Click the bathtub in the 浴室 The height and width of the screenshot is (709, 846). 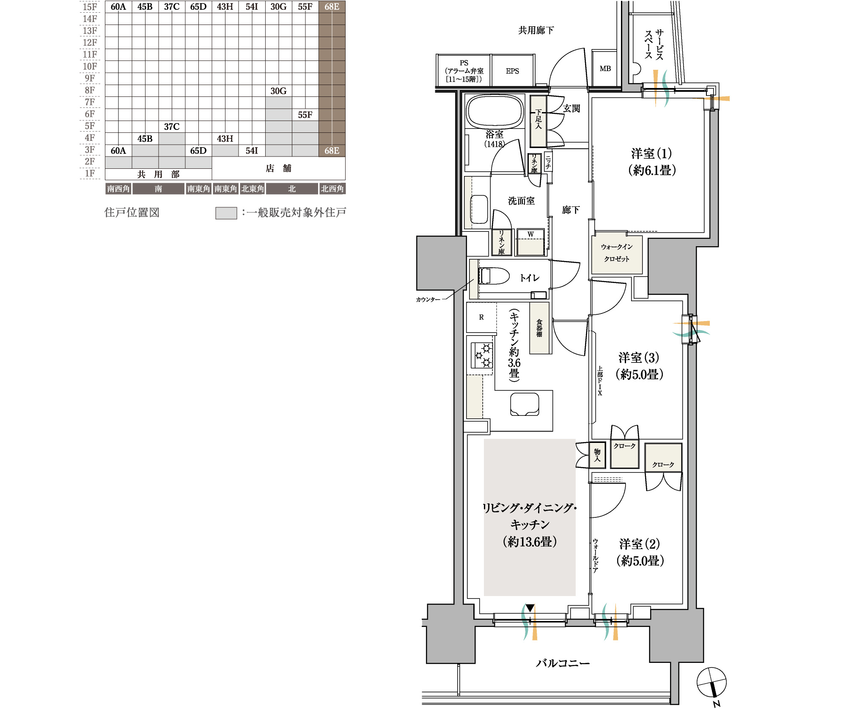(495, 111)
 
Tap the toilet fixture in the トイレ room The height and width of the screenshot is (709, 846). (494, 276)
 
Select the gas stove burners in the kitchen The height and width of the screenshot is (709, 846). (482, 355)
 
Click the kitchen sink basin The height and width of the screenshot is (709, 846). (525, 404)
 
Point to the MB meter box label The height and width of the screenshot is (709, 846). (605, 69)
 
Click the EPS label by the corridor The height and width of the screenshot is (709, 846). (512, 71)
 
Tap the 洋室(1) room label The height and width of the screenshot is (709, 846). (651, 162)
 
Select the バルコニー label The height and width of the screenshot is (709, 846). (563, 663)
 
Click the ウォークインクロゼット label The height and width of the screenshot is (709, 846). (617, 253)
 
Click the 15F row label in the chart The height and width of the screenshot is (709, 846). (90, 7)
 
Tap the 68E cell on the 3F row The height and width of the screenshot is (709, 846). (332, 151)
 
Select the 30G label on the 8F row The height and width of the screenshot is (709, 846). (278, 91)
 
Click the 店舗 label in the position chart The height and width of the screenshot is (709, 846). (278, 168)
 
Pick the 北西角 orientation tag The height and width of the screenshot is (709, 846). (332, 189)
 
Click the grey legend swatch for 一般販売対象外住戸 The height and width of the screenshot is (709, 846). (226, 213)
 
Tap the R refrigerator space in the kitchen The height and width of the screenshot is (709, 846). (481, 317)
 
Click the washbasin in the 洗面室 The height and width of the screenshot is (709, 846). (479, 209)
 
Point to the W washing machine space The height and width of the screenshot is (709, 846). (530, 242)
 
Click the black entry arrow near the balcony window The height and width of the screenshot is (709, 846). (530, 608)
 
